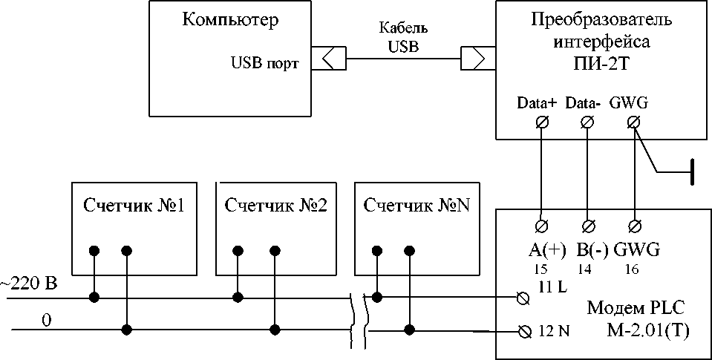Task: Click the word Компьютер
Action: pyautogui.click(x=230, y=20)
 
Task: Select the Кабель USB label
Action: pyautogui.click(x=403, y=38)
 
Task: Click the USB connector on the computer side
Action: pyautogui.click(x=327, y=58)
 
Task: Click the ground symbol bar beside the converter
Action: pyautogui.click(x=691, y=173)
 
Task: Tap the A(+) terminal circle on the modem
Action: pyautogui.click(x=542, y=224)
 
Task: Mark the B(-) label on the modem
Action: pyautogui.click(x=591, y=249)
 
